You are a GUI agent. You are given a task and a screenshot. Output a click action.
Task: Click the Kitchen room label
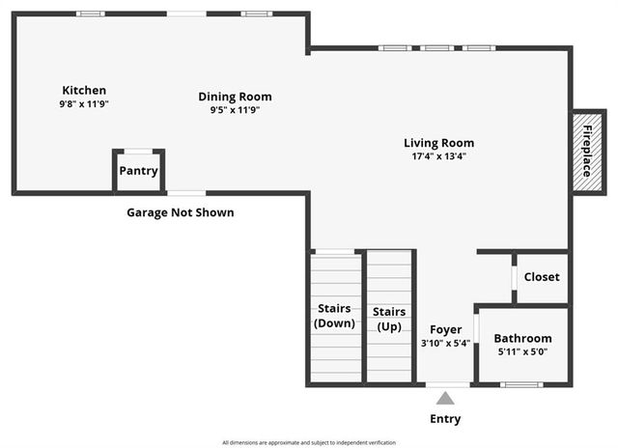click(84, 90)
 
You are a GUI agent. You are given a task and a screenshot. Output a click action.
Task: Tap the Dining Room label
click(235, 97)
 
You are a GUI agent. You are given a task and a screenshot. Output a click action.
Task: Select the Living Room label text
click(438, 143)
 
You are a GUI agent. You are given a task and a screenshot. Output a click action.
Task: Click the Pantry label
click(138, 171)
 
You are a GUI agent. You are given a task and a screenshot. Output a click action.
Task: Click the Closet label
click(541, 277)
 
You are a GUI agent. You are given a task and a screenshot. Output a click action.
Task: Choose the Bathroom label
click(522, 338)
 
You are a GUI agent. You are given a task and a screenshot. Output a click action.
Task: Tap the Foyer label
click(445, 328)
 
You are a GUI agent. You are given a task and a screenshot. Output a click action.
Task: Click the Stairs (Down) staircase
click(335, 317)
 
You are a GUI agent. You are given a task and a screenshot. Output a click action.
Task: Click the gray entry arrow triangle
click(445, 398)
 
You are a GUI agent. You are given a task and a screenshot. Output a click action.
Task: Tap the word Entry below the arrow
click(445, 419)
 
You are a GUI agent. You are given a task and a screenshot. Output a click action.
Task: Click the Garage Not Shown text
click(181, 212)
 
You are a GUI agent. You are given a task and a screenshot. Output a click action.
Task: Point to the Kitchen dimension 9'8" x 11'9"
click(84, 104)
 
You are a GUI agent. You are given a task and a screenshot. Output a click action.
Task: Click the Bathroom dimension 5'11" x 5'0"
click(522, 352)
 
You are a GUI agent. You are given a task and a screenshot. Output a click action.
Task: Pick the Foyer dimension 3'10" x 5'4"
click(445, 343)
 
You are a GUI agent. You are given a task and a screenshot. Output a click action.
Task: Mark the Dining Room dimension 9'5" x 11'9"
click(235, 110)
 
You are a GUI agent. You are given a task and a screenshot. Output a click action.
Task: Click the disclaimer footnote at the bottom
click(309, 442)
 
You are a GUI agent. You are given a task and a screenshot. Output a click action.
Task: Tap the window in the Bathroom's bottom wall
click(521, 385)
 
